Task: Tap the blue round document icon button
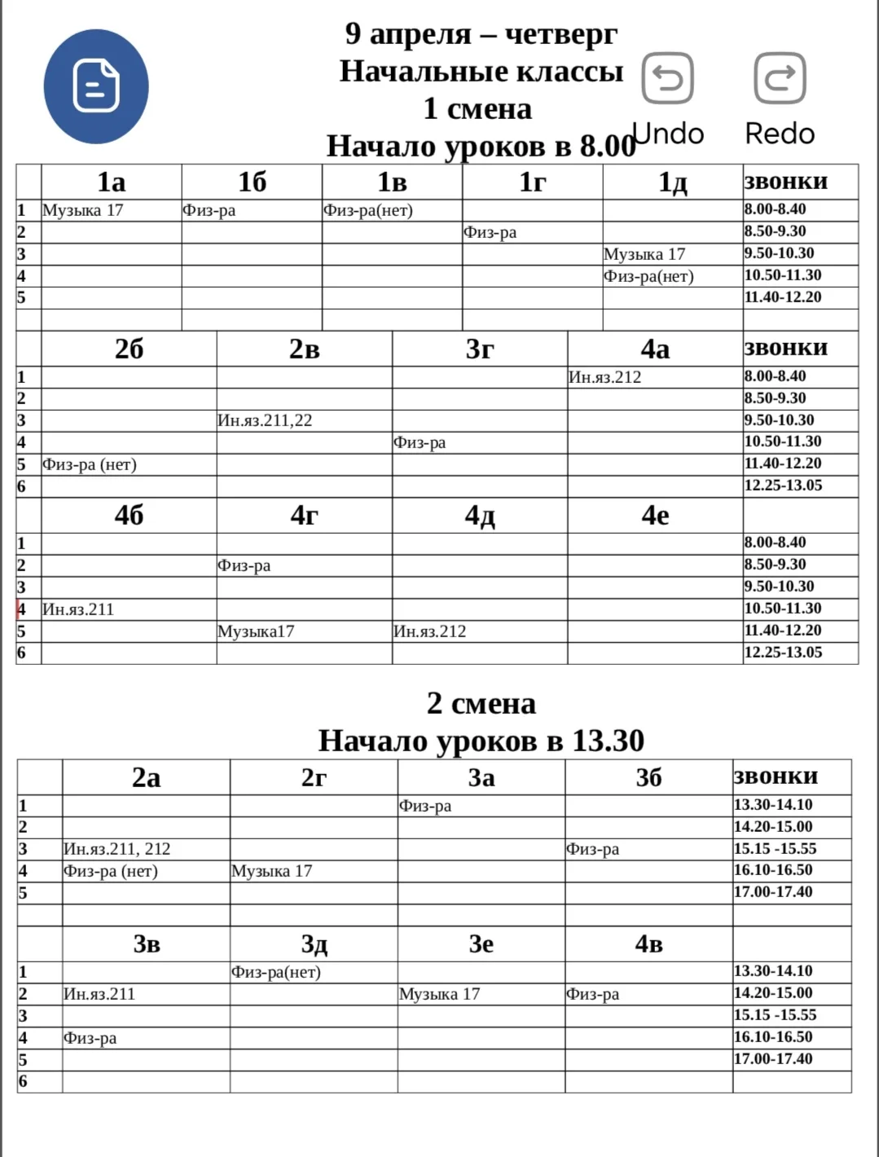click(96, 86)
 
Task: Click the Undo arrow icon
click(668, 78)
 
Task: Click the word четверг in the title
click(561, 33)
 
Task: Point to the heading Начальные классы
click(481, 72)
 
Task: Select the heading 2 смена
click(481, 703)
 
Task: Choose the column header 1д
click(672, 182)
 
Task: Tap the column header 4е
click(655, 515)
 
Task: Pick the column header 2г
click(314, 777)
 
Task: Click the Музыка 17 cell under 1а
click(83, 210)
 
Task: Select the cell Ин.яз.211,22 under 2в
click(265, 420)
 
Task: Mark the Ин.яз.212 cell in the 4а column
click(604, 377)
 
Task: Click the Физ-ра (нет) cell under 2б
click(90, 464)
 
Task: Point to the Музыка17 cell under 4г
click(256, 631)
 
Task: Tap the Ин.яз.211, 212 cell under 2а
click(117, 849)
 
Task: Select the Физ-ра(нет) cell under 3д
click(276, 972)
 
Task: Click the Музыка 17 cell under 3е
click(439, 994)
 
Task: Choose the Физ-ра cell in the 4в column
click(592, 994)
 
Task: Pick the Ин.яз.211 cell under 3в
click(99, 994)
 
